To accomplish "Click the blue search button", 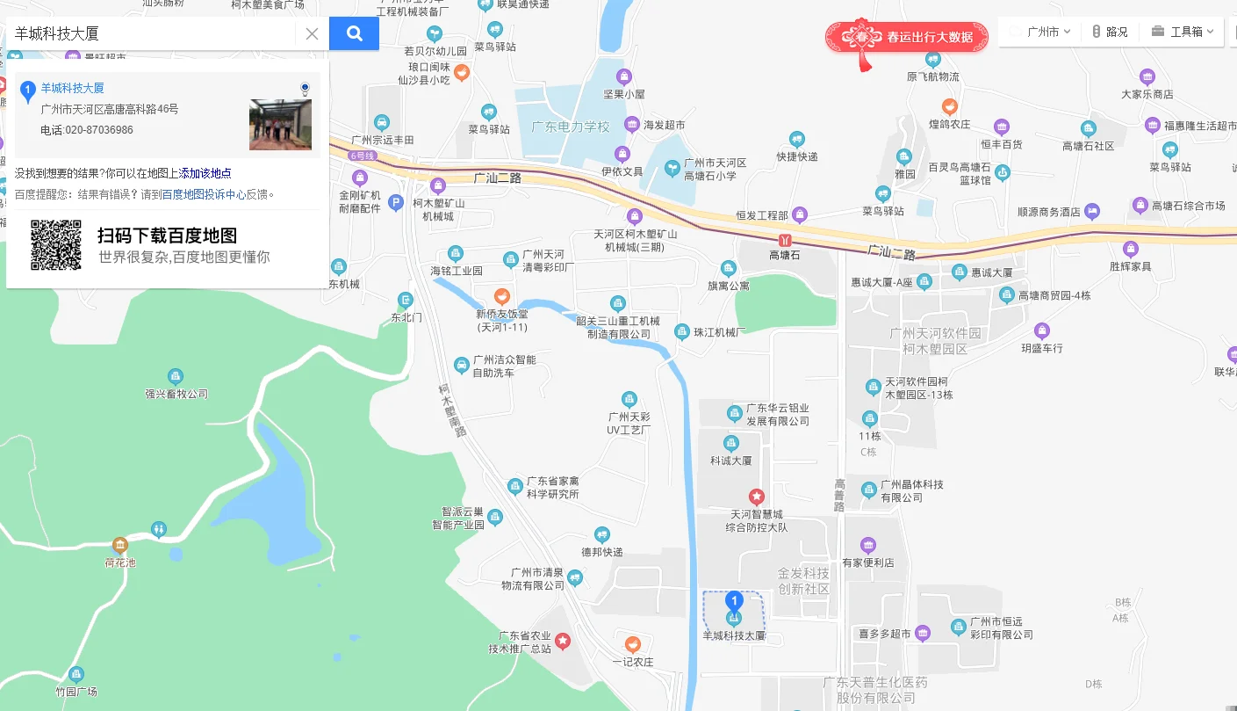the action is click(x=354, y=33).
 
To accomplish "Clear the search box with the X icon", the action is click(x=312, y=34).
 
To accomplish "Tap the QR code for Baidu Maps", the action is click(x=56, y=245).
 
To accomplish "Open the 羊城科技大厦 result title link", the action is click(x=72, y=88).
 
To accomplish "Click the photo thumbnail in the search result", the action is click(x=280, y=125).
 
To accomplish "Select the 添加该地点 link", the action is click(x=205, y=173).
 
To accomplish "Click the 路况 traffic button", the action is click(x=1110, y=32).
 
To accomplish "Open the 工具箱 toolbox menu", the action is click(x=1183, y=32).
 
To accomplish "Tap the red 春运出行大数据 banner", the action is click(x=907, y=37).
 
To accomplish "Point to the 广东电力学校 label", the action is click(x=570, y=127).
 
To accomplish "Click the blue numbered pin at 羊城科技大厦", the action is click(x=735, y=601).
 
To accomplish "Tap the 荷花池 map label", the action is click(x=120, y=562).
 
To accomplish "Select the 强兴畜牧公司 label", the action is click(x=176, y=394).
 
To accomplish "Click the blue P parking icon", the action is click(x=396, y=202).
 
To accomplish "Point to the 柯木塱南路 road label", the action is click(x=453, y=412).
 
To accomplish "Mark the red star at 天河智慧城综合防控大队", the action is click(x=756, y=497).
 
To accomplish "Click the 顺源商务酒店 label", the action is click(x=1048, y=212).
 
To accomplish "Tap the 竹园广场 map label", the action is click(x=76, y=691).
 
